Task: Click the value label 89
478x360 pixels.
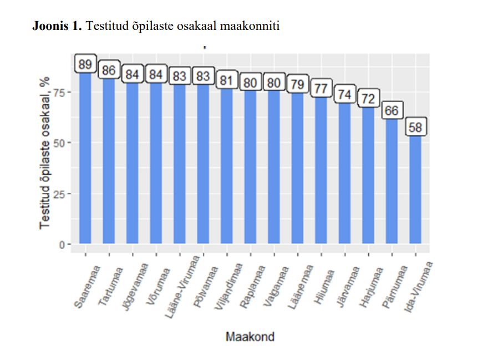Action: click(85, 64)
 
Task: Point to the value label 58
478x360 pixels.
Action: click(415, 128)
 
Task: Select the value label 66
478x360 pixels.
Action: click(391, 111)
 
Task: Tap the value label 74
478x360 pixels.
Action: click(344, 95)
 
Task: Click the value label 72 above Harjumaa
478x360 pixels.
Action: click(368, 99)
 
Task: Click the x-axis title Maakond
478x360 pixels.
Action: click(250, 337)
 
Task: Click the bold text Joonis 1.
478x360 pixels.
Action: click(57, 26)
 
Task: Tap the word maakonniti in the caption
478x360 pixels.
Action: click(255, 26)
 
